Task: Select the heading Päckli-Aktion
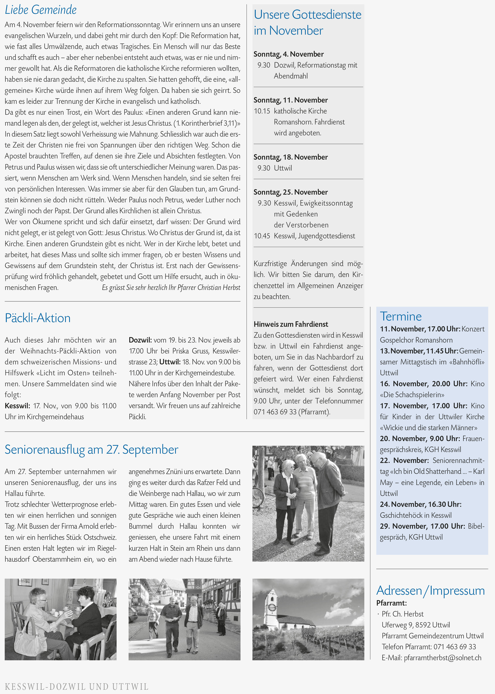tap(37, 318)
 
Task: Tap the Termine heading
tap(401, 316)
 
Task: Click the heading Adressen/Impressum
tap(430, 591)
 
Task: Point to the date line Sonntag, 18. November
tap(291, 157)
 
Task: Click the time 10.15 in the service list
tap(262, 111)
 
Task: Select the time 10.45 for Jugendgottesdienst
tap(262, 236)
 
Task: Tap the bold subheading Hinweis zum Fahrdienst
tap(291, 324)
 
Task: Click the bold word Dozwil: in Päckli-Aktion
tap(140, 340)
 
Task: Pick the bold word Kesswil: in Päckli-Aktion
tap(17, 406)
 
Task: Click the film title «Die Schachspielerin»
tap(412, 395)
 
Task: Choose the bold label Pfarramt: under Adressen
tap(391, 603)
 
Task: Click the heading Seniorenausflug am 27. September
tap(91, 450)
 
